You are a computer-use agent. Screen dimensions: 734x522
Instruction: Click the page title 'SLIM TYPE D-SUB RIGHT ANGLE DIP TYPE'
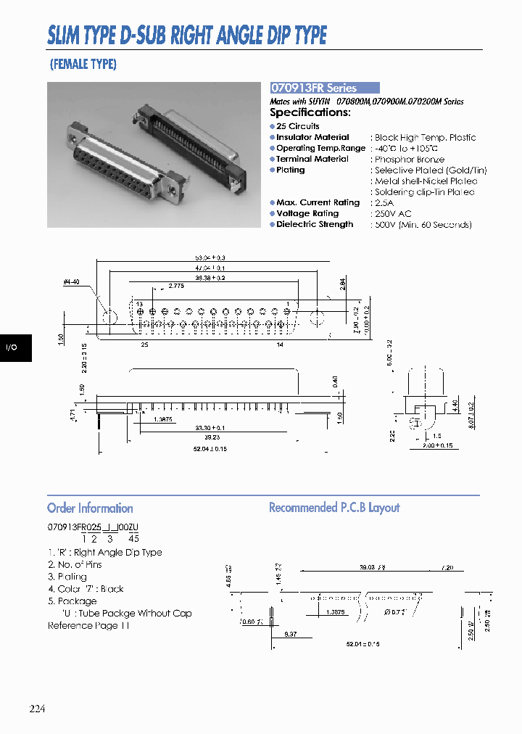pos(187,35)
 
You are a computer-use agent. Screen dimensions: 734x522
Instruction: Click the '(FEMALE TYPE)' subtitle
pos(83,64)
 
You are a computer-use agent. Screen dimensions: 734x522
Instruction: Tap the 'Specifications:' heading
pos(310,112)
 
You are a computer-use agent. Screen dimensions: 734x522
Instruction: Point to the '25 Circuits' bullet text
pos(298,126)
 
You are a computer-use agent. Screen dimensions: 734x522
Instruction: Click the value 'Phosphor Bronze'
pos(410,159)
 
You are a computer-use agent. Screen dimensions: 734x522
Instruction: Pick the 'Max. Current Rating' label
pos(318,202)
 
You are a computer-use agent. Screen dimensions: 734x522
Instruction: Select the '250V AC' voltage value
pos(393,213)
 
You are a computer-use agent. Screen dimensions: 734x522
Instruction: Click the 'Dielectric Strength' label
pos(315,224)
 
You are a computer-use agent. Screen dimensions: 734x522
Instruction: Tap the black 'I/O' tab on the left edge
pos(12,348)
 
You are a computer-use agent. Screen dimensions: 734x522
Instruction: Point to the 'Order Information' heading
pos(90,508)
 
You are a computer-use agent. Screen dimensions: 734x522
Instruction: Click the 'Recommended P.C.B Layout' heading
pos(334,508)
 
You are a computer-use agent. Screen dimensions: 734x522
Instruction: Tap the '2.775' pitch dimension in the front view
pos(176,286)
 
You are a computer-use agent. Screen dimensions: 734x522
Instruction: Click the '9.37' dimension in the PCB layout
pos(291,634)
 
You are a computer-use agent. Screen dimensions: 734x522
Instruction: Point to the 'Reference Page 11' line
pos(88,625)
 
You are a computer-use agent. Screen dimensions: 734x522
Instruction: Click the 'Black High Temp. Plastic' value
pos(425,137)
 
